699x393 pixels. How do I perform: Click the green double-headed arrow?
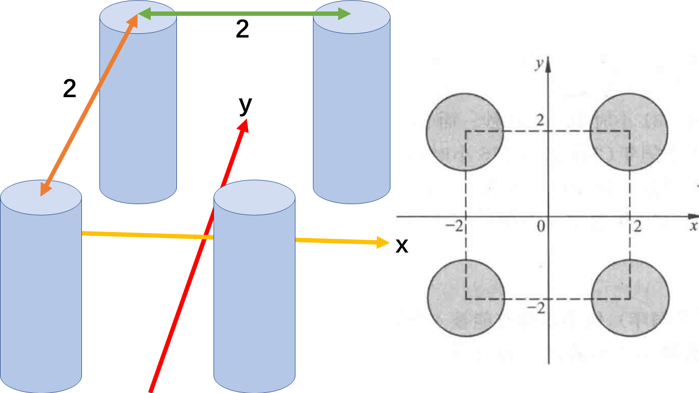[x=244, y=15]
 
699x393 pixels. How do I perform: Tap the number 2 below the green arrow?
[x=242, y=31]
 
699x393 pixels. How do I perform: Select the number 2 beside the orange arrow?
[x=69, y=88]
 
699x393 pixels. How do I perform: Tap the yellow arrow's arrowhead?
[x=382, y=242]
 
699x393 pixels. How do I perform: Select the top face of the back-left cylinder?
[x=138, y=17]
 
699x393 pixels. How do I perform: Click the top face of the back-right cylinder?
[x=351, y=17]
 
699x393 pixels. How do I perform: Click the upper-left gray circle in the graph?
[x=464, y=132]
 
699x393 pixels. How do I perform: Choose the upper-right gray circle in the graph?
[x=629, y=132]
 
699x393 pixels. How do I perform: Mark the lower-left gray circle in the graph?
[x=465, y=298]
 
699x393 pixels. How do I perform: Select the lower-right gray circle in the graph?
[x=630, y=298]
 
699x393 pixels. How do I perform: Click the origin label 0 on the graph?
[x=541, y=226]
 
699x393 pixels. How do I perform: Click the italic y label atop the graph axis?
[x=539, y=64]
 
